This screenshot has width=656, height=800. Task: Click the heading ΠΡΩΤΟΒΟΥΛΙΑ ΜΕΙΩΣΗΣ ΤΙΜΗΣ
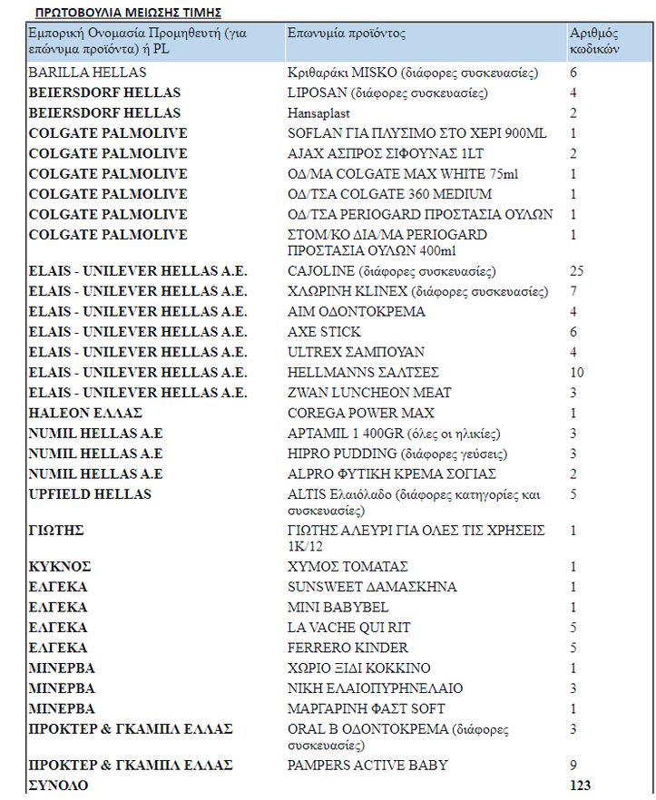128,13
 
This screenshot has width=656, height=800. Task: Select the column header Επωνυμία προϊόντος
347,34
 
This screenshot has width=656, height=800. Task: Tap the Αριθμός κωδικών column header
594,42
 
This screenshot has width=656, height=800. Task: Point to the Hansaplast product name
318,113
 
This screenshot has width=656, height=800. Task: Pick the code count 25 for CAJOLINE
577,271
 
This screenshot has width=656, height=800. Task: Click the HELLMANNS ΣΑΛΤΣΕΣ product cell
363,373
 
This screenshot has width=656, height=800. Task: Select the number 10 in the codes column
577,373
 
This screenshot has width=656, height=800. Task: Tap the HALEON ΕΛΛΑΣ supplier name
85,414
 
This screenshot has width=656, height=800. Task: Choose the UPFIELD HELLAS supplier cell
90,494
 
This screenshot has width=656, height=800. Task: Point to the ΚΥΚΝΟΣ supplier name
62,567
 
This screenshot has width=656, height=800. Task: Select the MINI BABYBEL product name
338,608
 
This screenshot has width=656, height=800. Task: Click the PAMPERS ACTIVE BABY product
367,766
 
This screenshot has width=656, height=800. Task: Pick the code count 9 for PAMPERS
573,766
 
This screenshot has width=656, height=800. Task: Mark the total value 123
581,785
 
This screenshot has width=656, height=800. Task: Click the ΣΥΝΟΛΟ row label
58,785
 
